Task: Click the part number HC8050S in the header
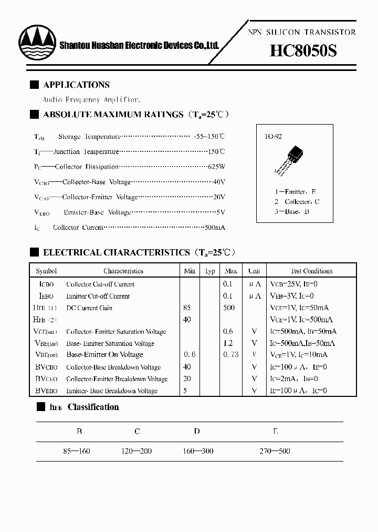click(x=303, y=51)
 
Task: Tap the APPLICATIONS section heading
click(x=76, y=85)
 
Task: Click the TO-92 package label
click(x=272, y=137)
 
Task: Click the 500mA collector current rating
click(x=214, y=228)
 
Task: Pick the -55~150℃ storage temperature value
click(x=209, y=136)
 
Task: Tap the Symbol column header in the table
click(x=46, y=271)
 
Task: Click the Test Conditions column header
click(x=311, y=271)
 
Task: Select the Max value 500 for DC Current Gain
click(x=229, y=308)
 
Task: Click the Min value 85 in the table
click(x=187, y=308)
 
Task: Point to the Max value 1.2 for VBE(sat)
click(x=229, y=343)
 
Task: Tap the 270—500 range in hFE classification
click(x=275, y=451)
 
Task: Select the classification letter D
click(x=196, y=432)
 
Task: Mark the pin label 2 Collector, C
click(x=297, y=202)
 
